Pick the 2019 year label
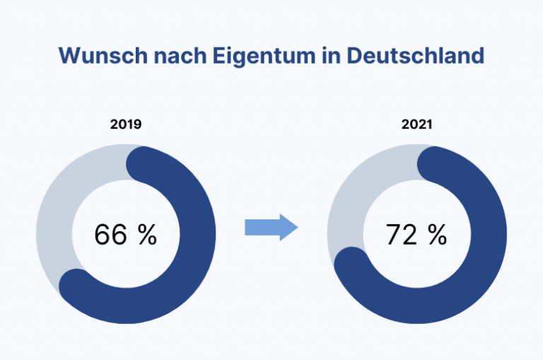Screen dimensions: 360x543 coord(126,124)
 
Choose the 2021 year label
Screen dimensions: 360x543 coord(417,124)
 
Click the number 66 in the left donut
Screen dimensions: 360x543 coord(110,234)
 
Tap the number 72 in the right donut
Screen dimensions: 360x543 coord(402,234)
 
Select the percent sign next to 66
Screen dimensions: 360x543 coord(147,234)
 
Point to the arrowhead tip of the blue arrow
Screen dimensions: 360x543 coord(297,227)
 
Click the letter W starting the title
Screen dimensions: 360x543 coord(69,56)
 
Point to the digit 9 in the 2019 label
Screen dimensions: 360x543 coord(138,124)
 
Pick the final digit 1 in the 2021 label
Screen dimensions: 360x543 coord(430,124)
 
